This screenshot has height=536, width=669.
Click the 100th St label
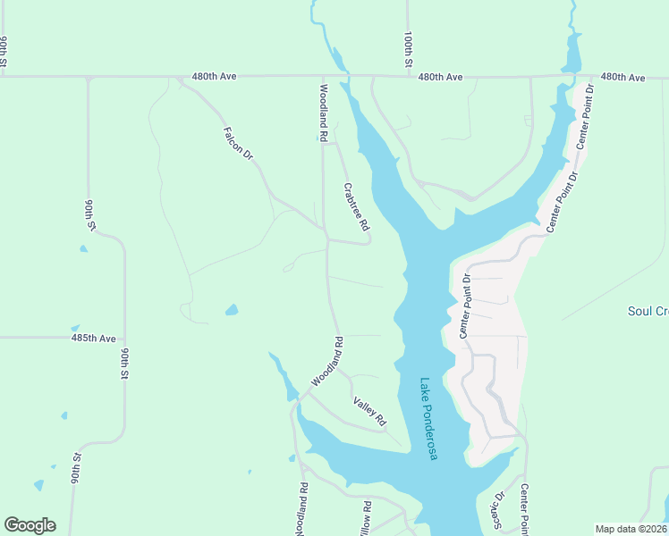pos(407,51)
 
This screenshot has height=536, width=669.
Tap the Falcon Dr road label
pos(237,142)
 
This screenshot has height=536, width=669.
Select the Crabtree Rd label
pos(356,208)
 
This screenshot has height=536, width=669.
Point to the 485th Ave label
pos(94,339)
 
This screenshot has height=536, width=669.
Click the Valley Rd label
pos(368,410)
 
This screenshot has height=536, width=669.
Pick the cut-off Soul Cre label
pos(648,311)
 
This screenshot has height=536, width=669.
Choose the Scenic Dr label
pos(493,509)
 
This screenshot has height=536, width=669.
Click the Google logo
pos(30,525)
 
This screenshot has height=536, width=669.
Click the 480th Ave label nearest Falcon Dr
pos(214,78)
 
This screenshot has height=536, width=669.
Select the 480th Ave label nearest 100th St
pos(440,78)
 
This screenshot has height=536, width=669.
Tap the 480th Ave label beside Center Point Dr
pos(622,78)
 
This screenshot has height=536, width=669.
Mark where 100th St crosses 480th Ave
pos(407,77)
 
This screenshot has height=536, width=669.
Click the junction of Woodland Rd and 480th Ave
pos(322,77)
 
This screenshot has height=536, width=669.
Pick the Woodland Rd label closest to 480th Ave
pos(322,113)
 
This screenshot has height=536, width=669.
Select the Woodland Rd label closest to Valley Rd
pos(326,361)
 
